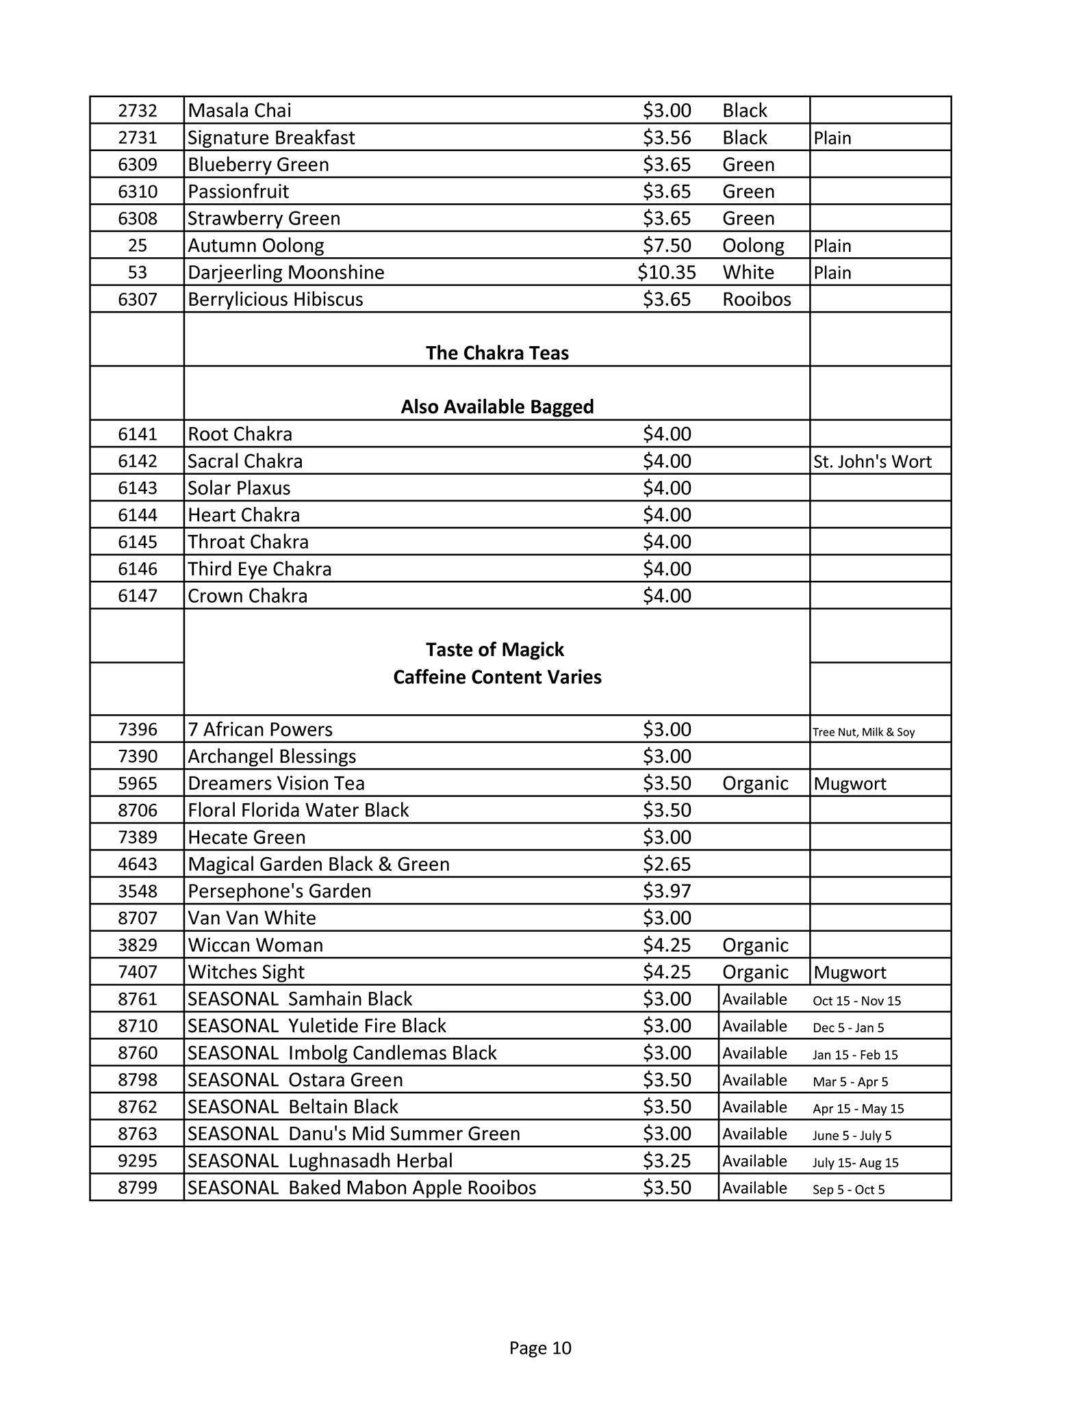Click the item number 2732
(x=137, y=111)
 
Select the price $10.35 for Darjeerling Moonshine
(x=666, y=272)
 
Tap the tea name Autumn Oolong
(x=255, y=246)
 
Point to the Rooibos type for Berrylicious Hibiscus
(x=756, y=300)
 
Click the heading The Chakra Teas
(x=497, y=353)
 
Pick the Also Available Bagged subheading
(x=497, y=407)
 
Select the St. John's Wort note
(x=872, y=462)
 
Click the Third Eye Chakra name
(x=259, y=569)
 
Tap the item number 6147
(x=137, y=596)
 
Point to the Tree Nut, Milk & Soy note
(x=863, y=732)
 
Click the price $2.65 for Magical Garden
(x=666, y=864)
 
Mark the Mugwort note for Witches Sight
(x=850, y=973)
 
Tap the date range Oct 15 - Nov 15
(x=856, y=1001)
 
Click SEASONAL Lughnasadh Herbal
(x=320, y=1161)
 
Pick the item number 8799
(x=137, y=1188)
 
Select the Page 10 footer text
(x=540, y=1348)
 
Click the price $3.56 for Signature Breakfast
(x=666, y=138)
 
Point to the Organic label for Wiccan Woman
(x=755, y=945)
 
